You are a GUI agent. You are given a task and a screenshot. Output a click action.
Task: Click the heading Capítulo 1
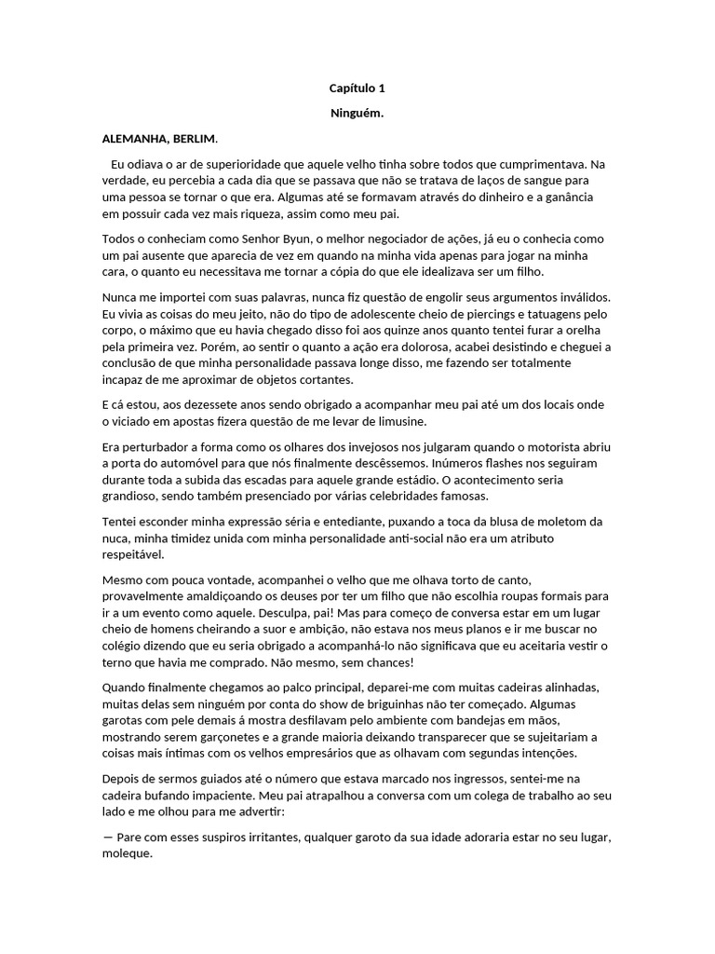pos(357,89)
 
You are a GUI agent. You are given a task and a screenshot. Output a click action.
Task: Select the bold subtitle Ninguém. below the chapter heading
pos(357,114)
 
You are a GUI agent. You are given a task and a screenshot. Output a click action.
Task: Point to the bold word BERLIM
pos(196,139)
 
